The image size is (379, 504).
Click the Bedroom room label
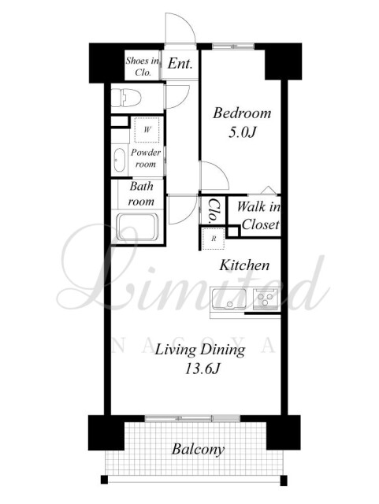(242, 113)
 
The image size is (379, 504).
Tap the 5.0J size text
(242, 132)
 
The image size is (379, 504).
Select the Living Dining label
(200, 350)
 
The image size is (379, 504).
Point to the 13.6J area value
(202, 368)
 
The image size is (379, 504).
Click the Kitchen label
(244, 265)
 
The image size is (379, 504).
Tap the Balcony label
(198, 449)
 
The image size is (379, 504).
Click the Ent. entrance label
(180, 63)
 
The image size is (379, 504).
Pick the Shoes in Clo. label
(143, 66)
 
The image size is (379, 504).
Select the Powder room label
(146, 157)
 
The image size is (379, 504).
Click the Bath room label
(141, 194)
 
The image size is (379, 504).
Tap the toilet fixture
(126, 98)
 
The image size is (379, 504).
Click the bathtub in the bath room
(137, 227)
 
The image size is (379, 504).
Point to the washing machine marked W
(147, 129)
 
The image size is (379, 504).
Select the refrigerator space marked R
(214, 239)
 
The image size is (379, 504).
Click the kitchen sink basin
(229, 299)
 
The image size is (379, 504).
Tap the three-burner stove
(265, 299)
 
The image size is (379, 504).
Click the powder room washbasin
(120, 161)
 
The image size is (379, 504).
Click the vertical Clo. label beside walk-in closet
(214, 210)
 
